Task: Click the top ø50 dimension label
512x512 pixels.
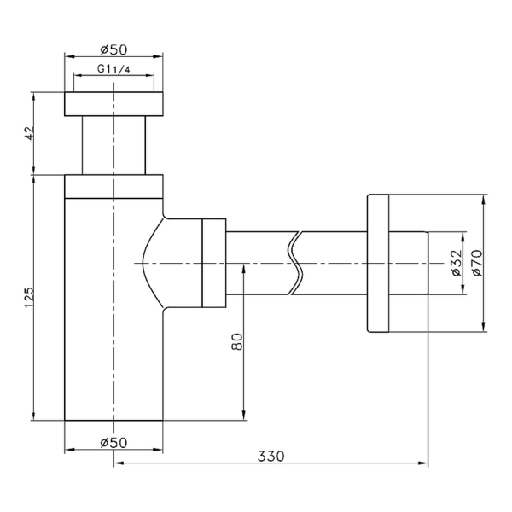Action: pos(113,49)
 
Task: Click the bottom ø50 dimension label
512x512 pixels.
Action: pos(113,443)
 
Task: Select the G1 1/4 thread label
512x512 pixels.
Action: pos(113,69)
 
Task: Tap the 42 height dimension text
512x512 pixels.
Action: pos(29,133)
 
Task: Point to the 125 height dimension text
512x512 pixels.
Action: pos(29,297)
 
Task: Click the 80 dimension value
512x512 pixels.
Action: pos(237,341)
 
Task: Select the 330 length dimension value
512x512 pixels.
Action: pos(271,457)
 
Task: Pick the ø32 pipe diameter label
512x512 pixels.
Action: pos(457,263)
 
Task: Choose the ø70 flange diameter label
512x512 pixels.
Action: pos(477,263)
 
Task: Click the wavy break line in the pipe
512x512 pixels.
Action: pos(295,263)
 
